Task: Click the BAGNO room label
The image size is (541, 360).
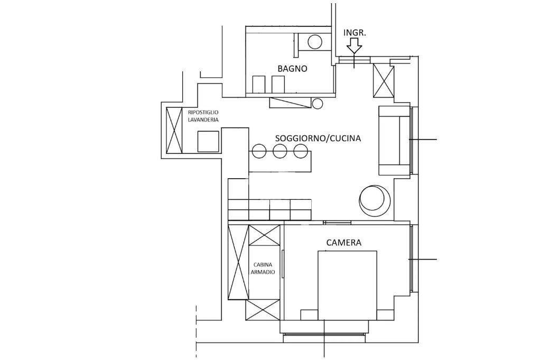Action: coord(292,68)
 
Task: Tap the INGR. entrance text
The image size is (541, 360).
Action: coord(355,32)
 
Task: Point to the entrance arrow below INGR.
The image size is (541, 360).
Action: coord(355,48)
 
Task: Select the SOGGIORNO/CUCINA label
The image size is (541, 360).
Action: coord(318,139)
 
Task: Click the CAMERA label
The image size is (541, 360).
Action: coord(344,243)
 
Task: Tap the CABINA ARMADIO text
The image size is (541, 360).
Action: coord(264,268)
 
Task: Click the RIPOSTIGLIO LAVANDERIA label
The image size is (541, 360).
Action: coord(203,116)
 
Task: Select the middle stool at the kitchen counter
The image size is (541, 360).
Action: coord(280,151)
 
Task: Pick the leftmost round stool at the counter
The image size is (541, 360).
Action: coord(259,151)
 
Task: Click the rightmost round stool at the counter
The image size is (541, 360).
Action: coord(301,151)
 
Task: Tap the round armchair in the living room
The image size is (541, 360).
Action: coord(376,200)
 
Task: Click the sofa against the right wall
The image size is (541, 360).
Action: coord(394,141)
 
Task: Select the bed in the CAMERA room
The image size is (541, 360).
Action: coord(347,285)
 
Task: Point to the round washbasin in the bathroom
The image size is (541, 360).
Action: coord(315,42)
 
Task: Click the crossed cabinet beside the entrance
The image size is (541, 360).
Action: coord(384,80)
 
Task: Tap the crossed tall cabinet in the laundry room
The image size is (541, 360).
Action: coord(174,130)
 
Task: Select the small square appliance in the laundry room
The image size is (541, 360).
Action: coord(208,142)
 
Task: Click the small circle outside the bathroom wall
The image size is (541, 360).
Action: coord(318,104)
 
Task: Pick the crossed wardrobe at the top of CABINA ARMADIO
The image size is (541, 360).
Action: coord(264,235)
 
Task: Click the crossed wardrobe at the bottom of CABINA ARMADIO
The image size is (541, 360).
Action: coord(263,310)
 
